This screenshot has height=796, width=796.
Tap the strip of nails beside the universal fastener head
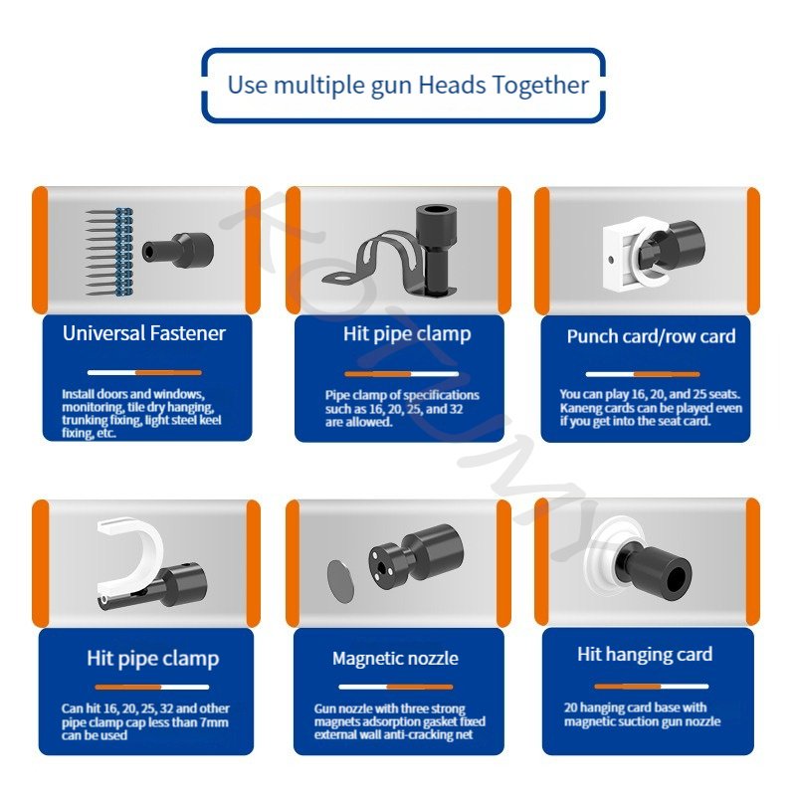[x=109, y=252]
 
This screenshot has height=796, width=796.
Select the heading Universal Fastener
[x=144, y=333]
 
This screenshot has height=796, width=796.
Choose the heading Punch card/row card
[x=652, y=336]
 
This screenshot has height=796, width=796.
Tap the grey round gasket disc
[x=339, y=581]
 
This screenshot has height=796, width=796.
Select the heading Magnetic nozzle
[x=395, y=659]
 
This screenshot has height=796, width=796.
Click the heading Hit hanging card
[x=645, y=655]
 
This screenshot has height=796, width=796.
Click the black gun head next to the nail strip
[x=178, y=250]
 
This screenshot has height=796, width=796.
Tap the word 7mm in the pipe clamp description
[x=214, y=722]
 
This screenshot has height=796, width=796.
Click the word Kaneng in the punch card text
[x=578, y=408]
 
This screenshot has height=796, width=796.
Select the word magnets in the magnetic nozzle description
[x=337, y=722]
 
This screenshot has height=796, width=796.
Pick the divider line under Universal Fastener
[x=144, y=372]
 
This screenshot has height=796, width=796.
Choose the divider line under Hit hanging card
[x=652, y=687]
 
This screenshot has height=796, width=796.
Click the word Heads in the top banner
[x=452, y=85]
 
